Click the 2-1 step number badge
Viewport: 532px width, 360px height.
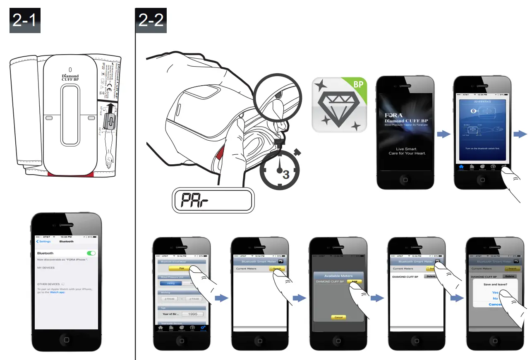tap(25, 21)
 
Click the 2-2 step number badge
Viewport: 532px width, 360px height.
tap(151, 21)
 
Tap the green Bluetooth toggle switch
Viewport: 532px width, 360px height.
tap(91, 253)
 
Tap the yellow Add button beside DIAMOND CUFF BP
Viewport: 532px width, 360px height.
tap(354, 281)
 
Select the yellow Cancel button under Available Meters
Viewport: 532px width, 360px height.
tap(338, 317)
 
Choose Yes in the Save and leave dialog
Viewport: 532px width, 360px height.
tap(495, 293)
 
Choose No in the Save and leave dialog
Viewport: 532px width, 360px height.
tap(495, 298)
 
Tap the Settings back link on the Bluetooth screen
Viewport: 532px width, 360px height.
tap(43, 241)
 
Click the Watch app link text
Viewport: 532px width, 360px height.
tap(58, 292)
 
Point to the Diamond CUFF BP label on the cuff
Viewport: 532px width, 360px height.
tap(70, 77)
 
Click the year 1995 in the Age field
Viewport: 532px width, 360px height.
tap(192, 314)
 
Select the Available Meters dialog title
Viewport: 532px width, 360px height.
tap(338, 276)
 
